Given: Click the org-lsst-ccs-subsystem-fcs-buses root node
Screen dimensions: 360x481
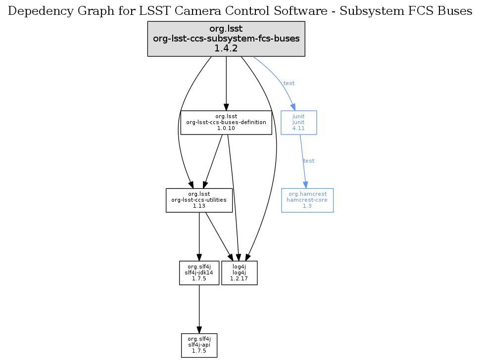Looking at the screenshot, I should [226, 39].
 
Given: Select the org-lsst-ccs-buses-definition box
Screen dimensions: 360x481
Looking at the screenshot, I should [226, 122].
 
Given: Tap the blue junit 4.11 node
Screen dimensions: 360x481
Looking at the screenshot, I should [298, 122].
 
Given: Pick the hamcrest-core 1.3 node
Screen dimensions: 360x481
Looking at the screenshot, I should [307, 200].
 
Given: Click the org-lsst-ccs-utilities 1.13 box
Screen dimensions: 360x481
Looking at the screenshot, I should [199, 200].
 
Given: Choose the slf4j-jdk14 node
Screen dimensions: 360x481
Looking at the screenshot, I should [199, 272].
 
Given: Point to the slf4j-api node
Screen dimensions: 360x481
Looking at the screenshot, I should [199, 345].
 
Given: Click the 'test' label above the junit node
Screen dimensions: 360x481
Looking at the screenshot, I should [289, 83].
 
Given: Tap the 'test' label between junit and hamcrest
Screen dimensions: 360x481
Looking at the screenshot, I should [308, 161].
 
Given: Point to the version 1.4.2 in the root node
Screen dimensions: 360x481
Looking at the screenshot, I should [226, 48].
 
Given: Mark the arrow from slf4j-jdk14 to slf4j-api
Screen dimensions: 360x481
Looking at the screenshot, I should [199, 309].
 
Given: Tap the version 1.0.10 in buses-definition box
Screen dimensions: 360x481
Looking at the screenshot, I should [226, 128].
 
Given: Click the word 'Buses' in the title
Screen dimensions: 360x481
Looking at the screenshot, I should [454, 11].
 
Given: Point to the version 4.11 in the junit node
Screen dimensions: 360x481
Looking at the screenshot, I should [298, 128].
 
